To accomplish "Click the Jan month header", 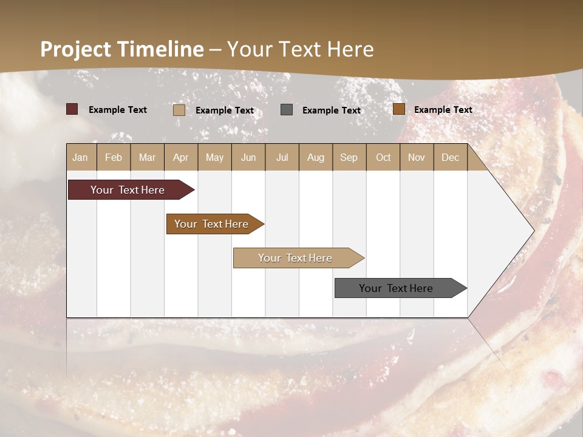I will click(x=81, y=157).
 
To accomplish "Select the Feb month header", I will click(x=114, y=157).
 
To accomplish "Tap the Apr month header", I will click(x=181, y=157).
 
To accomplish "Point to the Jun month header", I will click(x=248, y=157).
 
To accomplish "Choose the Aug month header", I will click(x=316, y=157).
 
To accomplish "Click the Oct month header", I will click(x=383, y=157).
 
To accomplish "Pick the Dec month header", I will click(x=451, y=157).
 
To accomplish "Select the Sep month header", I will click(x=349, y=157).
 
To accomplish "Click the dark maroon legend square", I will click(x=72, y=109).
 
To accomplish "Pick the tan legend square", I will click(x=179, y=110).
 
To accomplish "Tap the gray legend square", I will click(x=287, y=110).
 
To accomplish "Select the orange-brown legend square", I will click(x=399, y=109).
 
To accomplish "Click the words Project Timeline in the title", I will click(x=121, y=49).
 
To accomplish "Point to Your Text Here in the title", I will click(x=300, y=49).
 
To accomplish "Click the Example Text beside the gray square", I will click(x=332, y=110).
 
